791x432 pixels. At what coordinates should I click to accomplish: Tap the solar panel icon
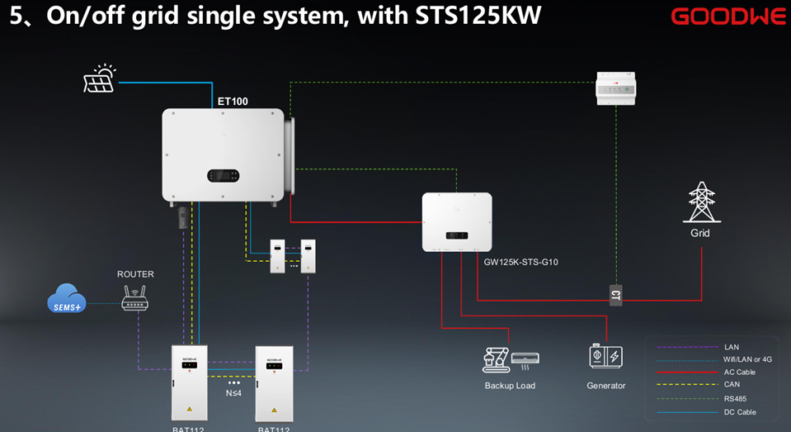click(100, 78)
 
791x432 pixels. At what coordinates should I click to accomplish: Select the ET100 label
click(233, 102)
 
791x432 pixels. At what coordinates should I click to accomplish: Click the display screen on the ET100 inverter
click(223, 176)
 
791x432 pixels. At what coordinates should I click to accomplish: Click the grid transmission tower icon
click(700, 202)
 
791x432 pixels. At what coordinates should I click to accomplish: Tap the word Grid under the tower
click(700, 233)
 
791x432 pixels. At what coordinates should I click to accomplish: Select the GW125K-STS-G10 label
click(516, 261)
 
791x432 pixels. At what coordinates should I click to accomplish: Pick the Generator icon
click(605, 357)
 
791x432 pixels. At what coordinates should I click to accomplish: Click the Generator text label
click(605, 386)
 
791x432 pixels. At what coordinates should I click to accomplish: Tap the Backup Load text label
click(510, 386)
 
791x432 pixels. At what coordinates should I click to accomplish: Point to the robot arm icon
click(495, 358)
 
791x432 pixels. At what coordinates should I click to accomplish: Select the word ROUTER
click(135, 274)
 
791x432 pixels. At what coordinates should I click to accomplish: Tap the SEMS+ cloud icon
click(66, 300)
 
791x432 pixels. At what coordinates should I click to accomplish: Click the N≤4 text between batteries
click(233, 393)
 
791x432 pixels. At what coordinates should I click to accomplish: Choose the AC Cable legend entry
click(739, 373)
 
